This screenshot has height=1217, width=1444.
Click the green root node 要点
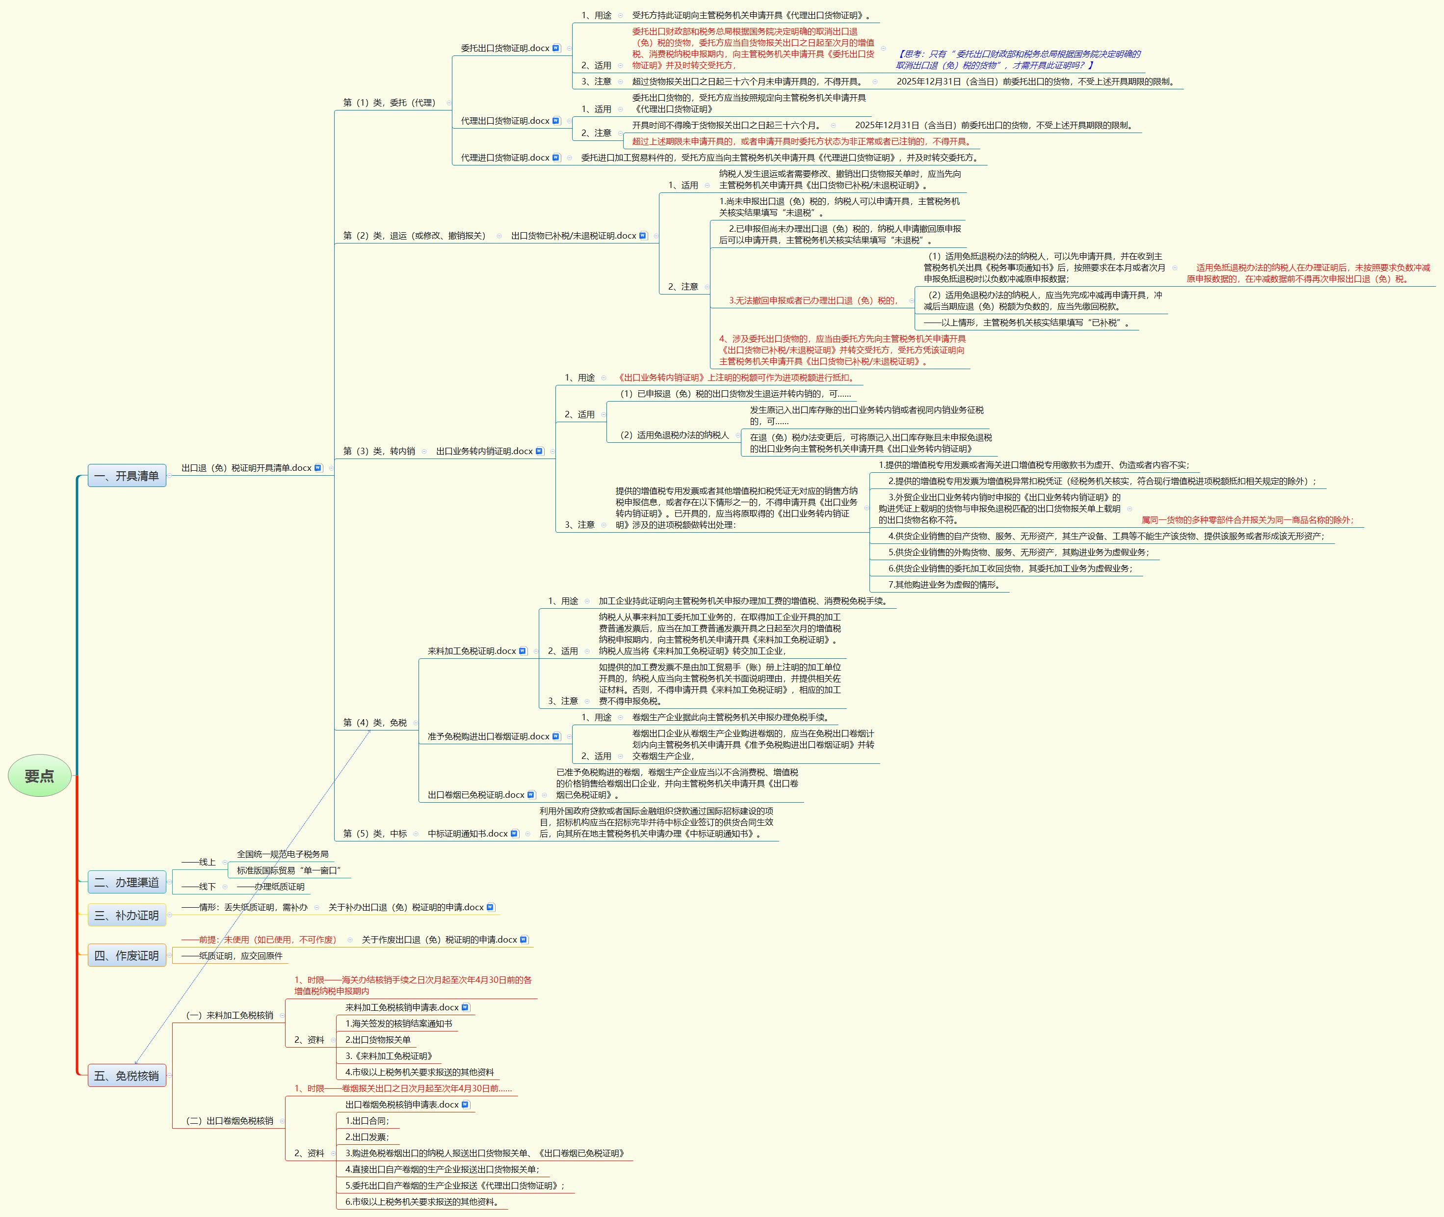39,776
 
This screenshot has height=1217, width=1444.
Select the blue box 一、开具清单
127,475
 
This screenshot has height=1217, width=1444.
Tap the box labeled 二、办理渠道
127,882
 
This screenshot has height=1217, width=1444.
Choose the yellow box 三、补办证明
127,915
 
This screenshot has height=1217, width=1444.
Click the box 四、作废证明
127,955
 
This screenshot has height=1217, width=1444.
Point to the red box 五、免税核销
127,1076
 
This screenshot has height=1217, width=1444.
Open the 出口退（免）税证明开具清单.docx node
252,468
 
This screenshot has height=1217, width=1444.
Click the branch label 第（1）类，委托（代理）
390,102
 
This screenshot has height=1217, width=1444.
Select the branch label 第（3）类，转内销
379,451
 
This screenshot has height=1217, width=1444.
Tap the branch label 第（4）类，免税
375,722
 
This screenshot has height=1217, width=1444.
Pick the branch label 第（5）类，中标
375,834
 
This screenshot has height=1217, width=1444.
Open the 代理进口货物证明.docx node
510,157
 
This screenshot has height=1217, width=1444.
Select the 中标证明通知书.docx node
473,834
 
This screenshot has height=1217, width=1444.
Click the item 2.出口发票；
367,1137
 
